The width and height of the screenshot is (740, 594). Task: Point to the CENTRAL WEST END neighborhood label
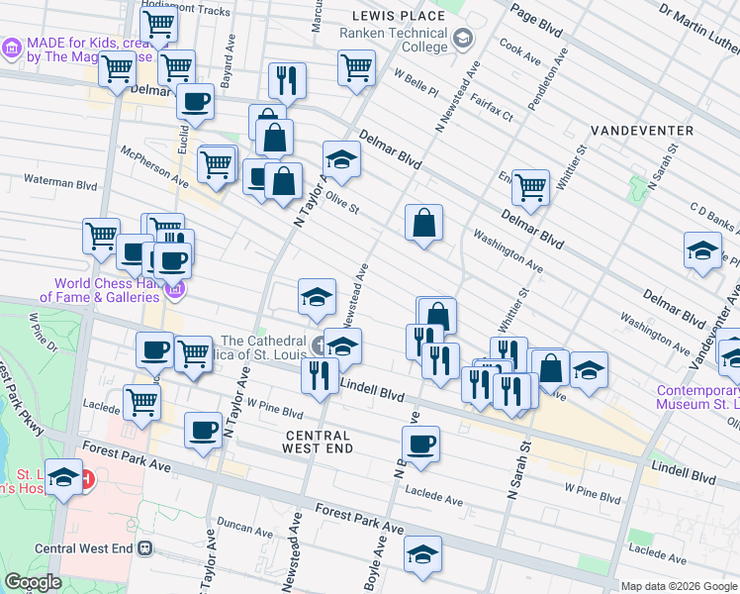(318, 443)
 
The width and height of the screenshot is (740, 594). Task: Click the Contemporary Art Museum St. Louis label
(698, 396)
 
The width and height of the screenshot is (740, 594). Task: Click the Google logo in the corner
(33, 582)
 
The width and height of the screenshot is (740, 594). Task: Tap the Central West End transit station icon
(145, 547)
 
